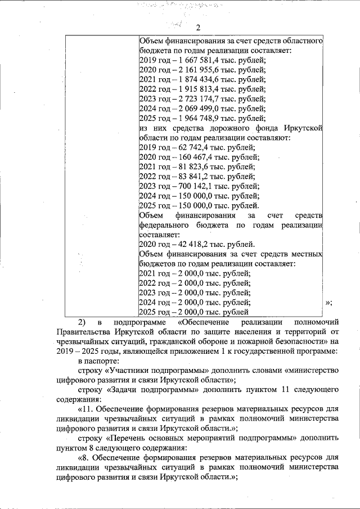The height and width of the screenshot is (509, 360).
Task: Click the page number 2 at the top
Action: [x=199, y=29]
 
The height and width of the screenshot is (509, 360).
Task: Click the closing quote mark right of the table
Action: [x=329, y=303]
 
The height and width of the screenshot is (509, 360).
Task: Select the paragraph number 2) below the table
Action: [x=82, y=322]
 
